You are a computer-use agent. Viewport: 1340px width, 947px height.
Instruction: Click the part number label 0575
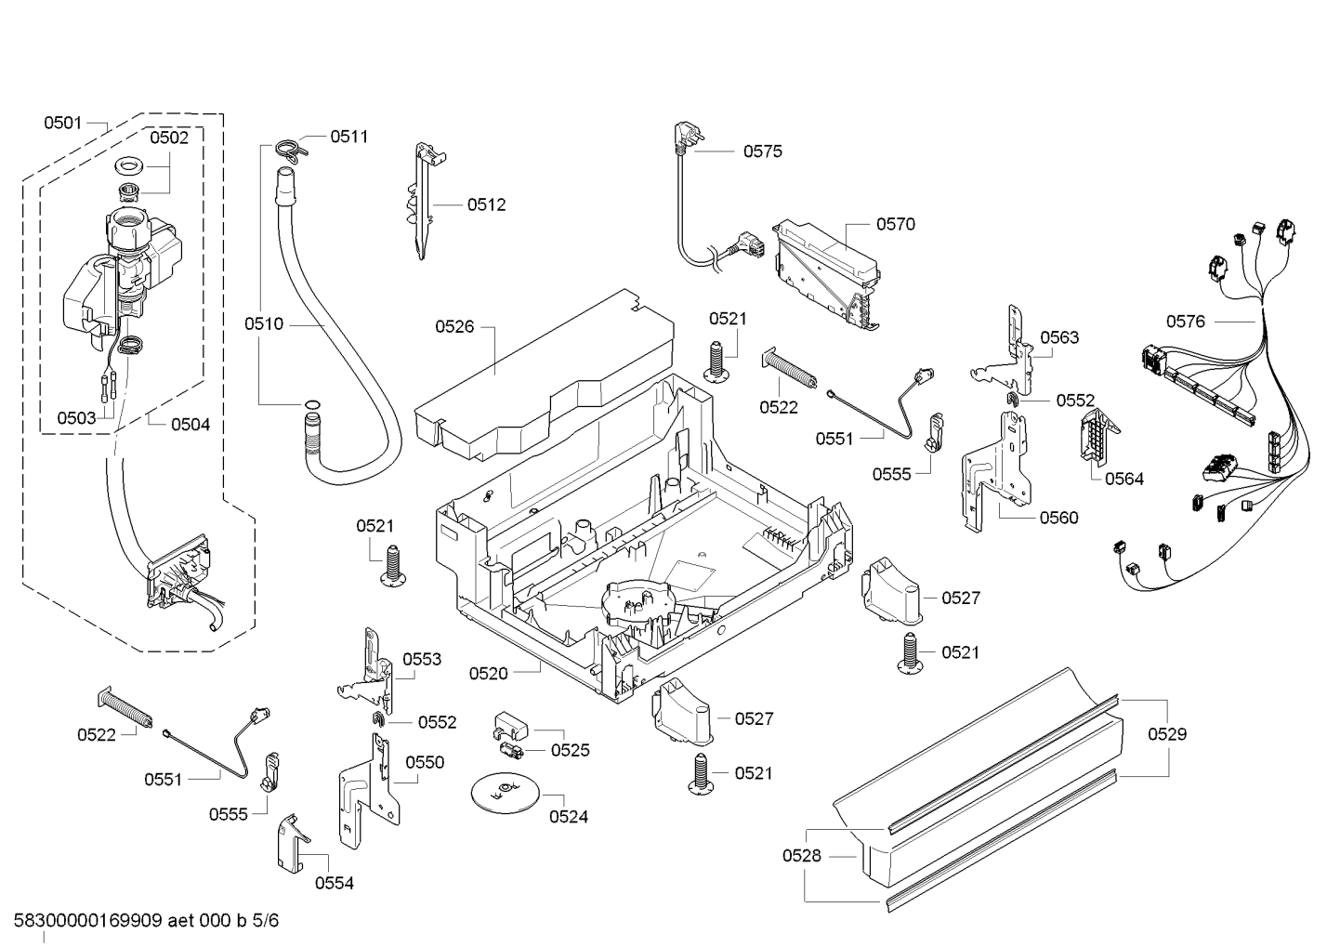click(x=762, y=151)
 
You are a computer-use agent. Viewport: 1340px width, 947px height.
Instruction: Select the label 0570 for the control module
click(x=895, y=224)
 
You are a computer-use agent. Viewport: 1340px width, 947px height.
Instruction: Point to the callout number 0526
click(x=454, y=326)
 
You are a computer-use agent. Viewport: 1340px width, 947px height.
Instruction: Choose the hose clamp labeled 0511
click(x=290, y=147)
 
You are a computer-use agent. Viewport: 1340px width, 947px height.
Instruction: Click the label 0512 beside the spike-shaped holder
click(x=486, y=204)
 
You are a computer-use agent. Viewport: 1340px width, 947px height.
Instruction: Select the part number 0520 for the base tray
click(x=488, y=673)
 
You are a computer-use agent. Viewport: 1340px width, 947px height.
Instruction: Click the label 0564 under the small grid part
click(x=1123, y=479)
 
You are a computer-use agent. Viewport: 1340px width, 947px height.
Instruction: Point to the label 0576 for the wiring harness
click(x=1186, y=322)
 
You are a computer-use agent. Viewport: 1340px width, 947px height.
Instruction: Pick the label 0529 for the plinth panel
click(x=1167, y=734)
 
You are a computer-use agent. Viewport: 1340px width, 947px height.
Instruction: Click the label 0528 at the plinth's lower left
click(x=801, y=856)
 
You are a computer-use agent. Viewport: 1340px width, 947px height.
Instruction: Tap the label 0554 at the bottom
click(x=334, y=883)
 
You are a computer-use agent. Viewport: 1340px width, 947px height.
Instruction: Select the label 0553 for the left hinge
click(x=422, y=659)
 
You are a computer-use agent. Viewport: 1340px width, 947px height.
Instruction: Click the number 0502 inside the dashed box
click(x=169, y=138)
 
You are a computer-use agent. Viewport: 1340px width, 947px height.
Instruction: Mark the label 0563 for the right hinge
click(x=1059, y=337)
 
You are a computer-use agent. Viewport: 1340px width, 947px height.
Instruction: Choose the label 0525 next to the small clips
click(x=570, y=750)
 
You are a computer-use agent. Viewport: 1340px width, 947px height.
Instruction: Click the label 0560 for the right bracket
click(x=1059, y=518)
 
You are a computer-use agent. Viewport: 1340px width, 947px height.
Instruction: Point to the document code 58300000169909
click(x=88, y=921)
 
